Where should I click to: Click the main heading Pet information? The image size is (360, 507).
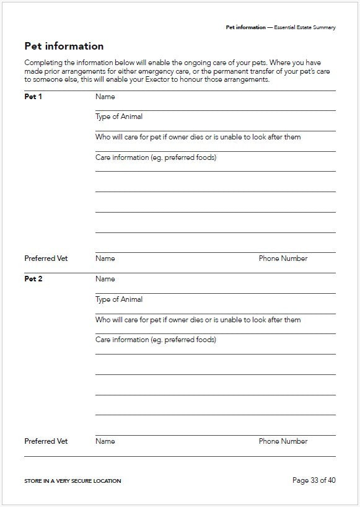(64, 46)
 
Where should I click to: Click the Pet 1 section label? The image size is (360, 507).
(33, 97)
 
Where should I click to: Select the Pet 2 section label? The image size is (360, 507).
(33, 279)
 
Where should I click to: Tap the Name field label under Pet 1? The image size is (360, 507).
(105, 97)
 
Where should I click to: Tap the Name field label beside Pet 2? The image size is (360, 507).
(105, 279)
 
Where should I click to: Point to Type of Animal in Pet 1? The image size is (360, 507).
(119, 117)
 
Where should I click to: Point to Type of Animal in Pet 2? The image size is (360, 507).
(119, 299)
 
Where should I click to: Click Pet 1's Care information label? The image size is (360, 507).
(156, 157)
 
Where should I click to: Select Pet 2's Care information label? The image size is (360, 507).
(156, 340)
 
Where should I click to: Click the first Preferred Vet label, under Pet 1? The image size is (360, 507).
(46, 258)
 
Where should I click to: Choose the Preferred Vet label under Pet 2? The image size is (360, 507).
(46, 441)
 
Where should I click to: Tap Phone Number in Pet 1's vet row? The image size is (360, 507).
(283, 258)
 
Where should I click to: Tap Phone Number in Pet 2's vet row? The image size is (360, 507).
(283, 441)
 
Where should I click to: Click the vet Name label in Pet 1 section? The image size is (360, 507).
(105, 258)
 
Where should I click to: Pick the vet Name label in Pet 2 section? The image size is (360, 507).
(105, 441)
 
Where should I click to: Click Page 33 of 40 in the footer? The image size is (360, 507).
(314, 480)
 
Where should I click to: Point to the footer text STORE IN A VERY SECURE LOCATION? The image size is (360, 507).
(72, 481)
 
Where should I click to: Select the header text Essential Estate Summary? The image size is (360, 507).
(305, 28)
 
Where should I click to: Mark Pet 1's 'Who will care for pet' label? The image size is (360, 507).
(198, 137)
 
